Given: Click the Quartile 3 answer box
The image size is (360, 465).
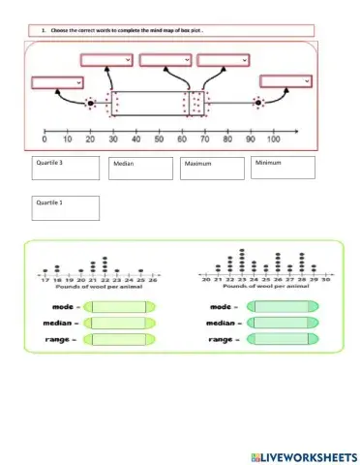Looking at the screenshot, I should [66, 169].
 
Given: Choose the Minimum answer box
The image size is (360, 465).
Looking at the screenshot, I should [282, 167].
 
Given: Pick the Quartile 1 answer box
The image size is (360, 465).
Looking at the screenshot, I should [66, 207].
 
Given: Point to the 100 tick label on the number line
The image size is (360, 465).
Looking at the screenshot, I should [274, 139].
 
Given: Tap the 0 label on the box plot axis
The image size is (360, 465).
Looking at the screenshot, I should [46, 139].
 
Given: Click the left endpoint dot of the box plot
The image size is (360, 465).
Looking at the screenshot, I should [90, 103].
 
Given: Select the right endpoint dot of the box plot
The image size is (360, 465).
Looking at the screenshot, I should [258, 102].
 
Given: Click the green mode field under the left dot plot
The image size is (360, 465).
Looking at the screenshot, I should [117, 307].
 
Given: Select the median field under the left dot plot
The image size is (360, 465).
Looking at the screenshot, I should [117, 323].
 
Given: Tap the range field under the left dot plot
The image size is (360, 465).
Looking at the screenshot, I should [117, 339].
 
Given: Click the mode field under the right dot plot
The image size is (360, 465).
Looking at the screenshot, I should [282, 307].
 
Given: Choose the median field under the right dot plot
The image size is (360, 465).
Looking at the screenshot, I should [282, 323].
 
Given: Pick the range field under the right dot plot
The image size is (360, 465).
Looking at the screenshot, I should [282, 339].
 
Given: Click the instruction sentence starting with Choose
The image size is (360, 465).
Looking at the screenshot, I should [126, 30].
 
